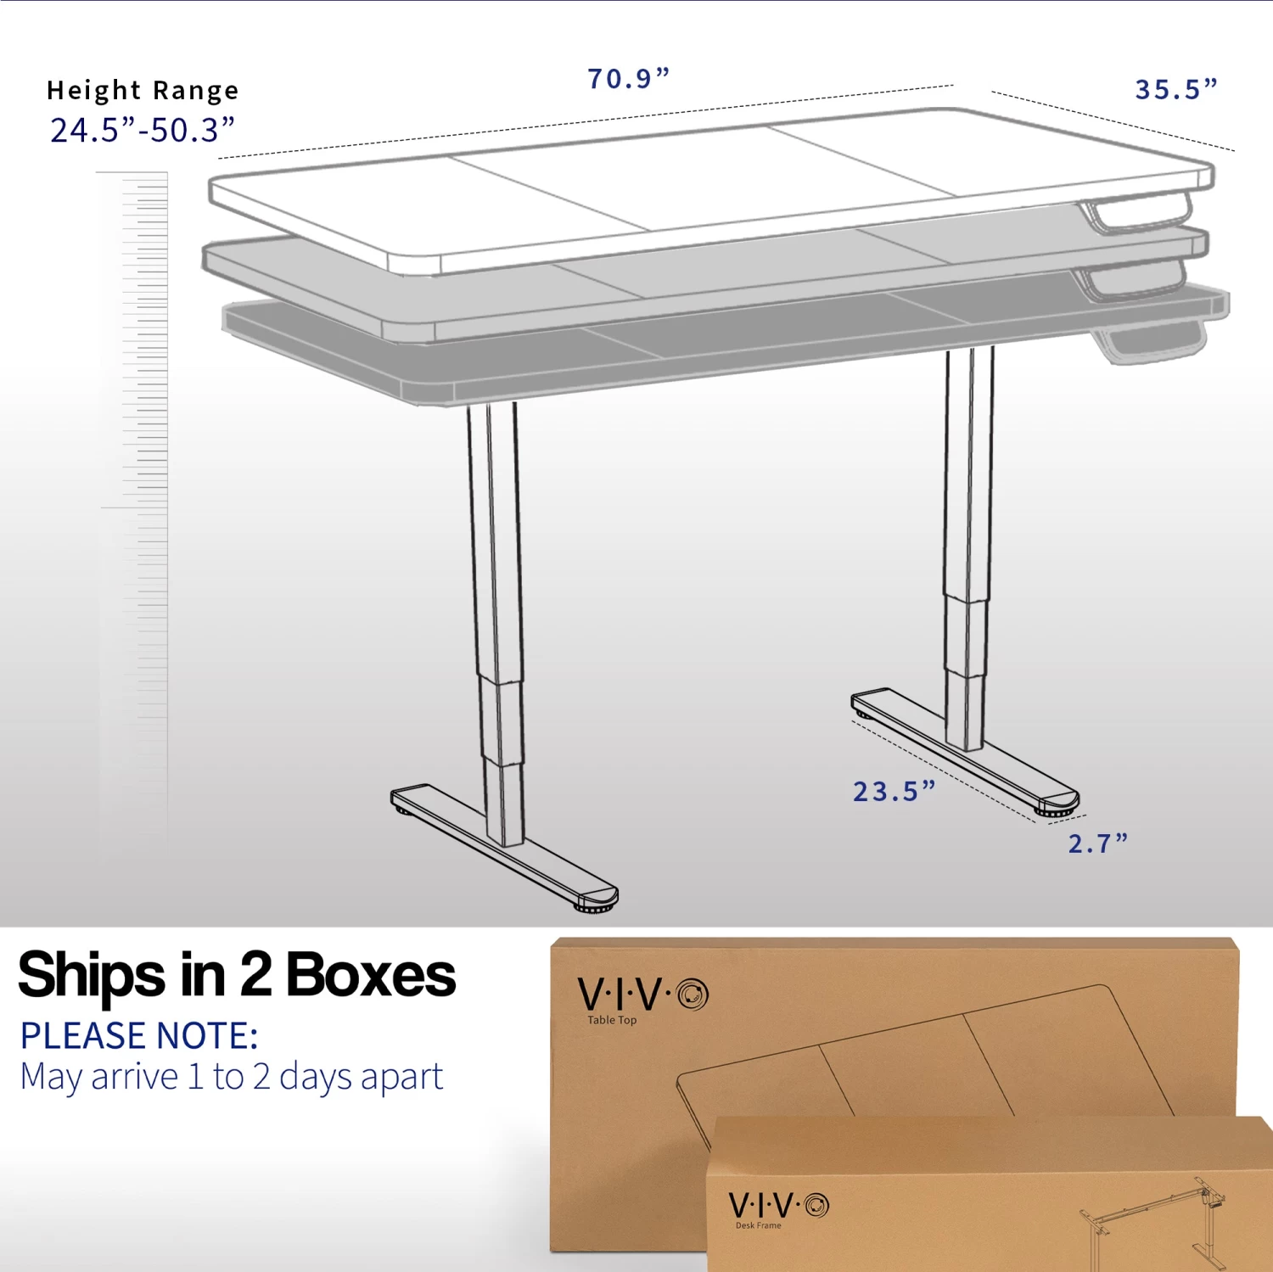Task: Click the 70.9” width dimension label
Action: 628,79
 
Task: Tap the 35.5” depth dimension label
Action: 1175,89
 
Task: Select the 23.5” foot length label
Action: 893,792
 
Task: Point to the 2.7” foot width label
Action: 1097,843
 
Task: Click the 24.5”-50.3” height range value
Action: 142,131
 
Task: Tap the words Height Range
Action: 143,90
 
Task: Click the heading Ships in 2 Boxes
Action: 237,975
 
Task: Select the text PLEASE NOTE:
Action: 139,1036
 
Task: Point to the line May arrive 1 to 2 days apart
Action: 231,1077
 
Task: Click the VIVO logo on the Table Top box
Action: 642,994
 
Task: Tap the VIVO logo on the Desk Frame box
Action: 778,1205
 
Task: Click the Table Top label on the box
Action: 612,1020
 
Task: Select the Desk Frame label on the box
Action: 758,1225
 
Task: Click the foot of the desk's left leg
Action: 505,847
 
